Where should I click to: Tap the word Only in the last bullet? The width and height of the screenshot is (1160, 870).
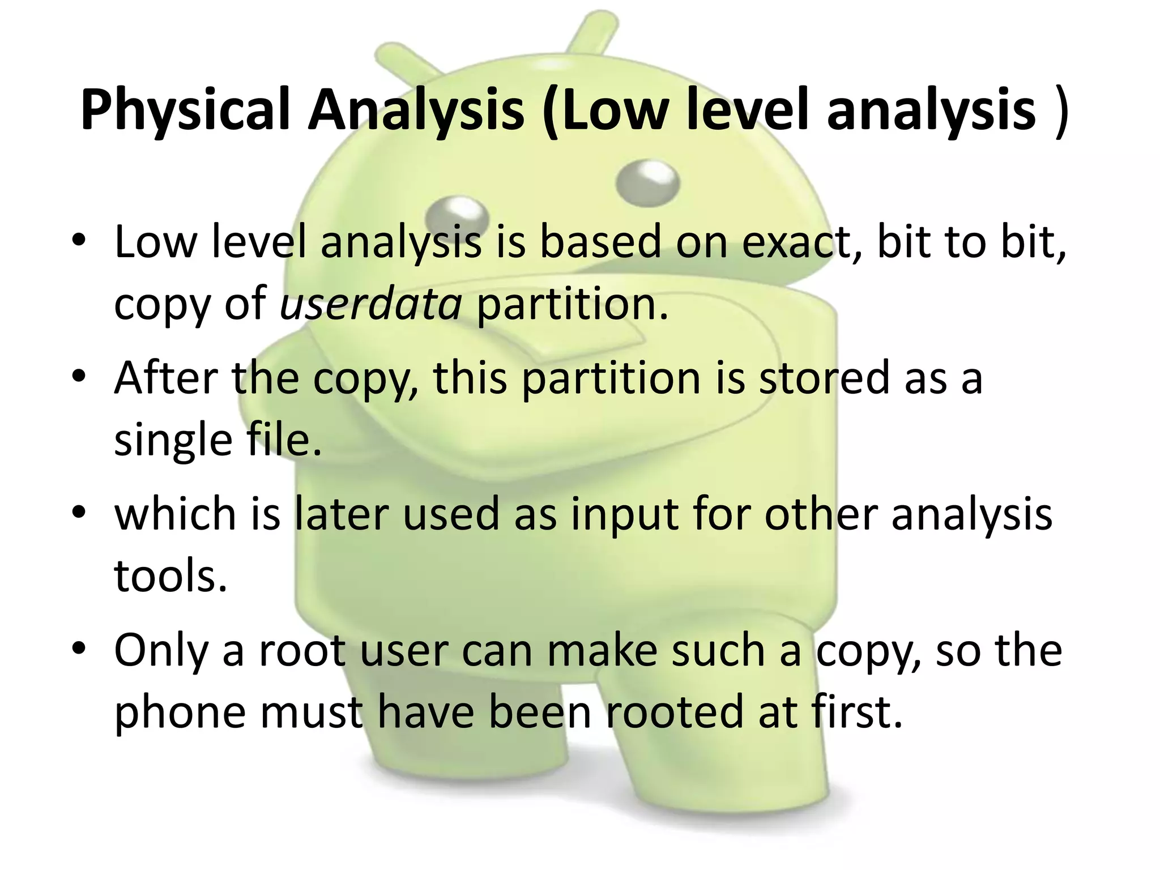(x=161, y=650)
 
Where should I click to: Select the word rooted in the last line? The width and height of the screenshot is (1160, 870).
(x=675, y=712)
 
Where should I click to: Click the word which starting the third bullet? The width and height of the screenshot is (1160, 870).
(x=175, y=514)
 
